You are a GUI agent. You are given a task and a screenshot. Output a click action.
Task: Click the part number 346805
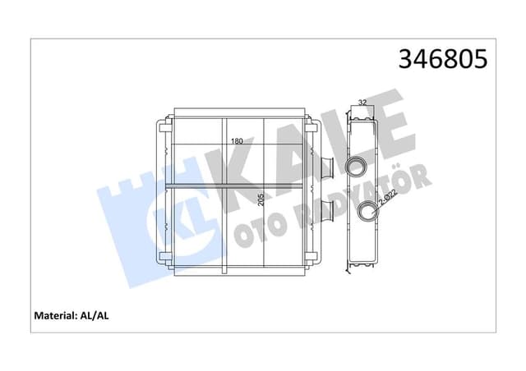click(443, 61)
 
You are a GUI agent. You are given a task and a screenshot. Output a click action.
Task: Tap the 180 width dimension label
click(236, 142)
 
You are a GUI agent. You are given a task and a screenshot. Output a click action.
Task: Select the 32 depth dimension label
click(362, 103)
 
